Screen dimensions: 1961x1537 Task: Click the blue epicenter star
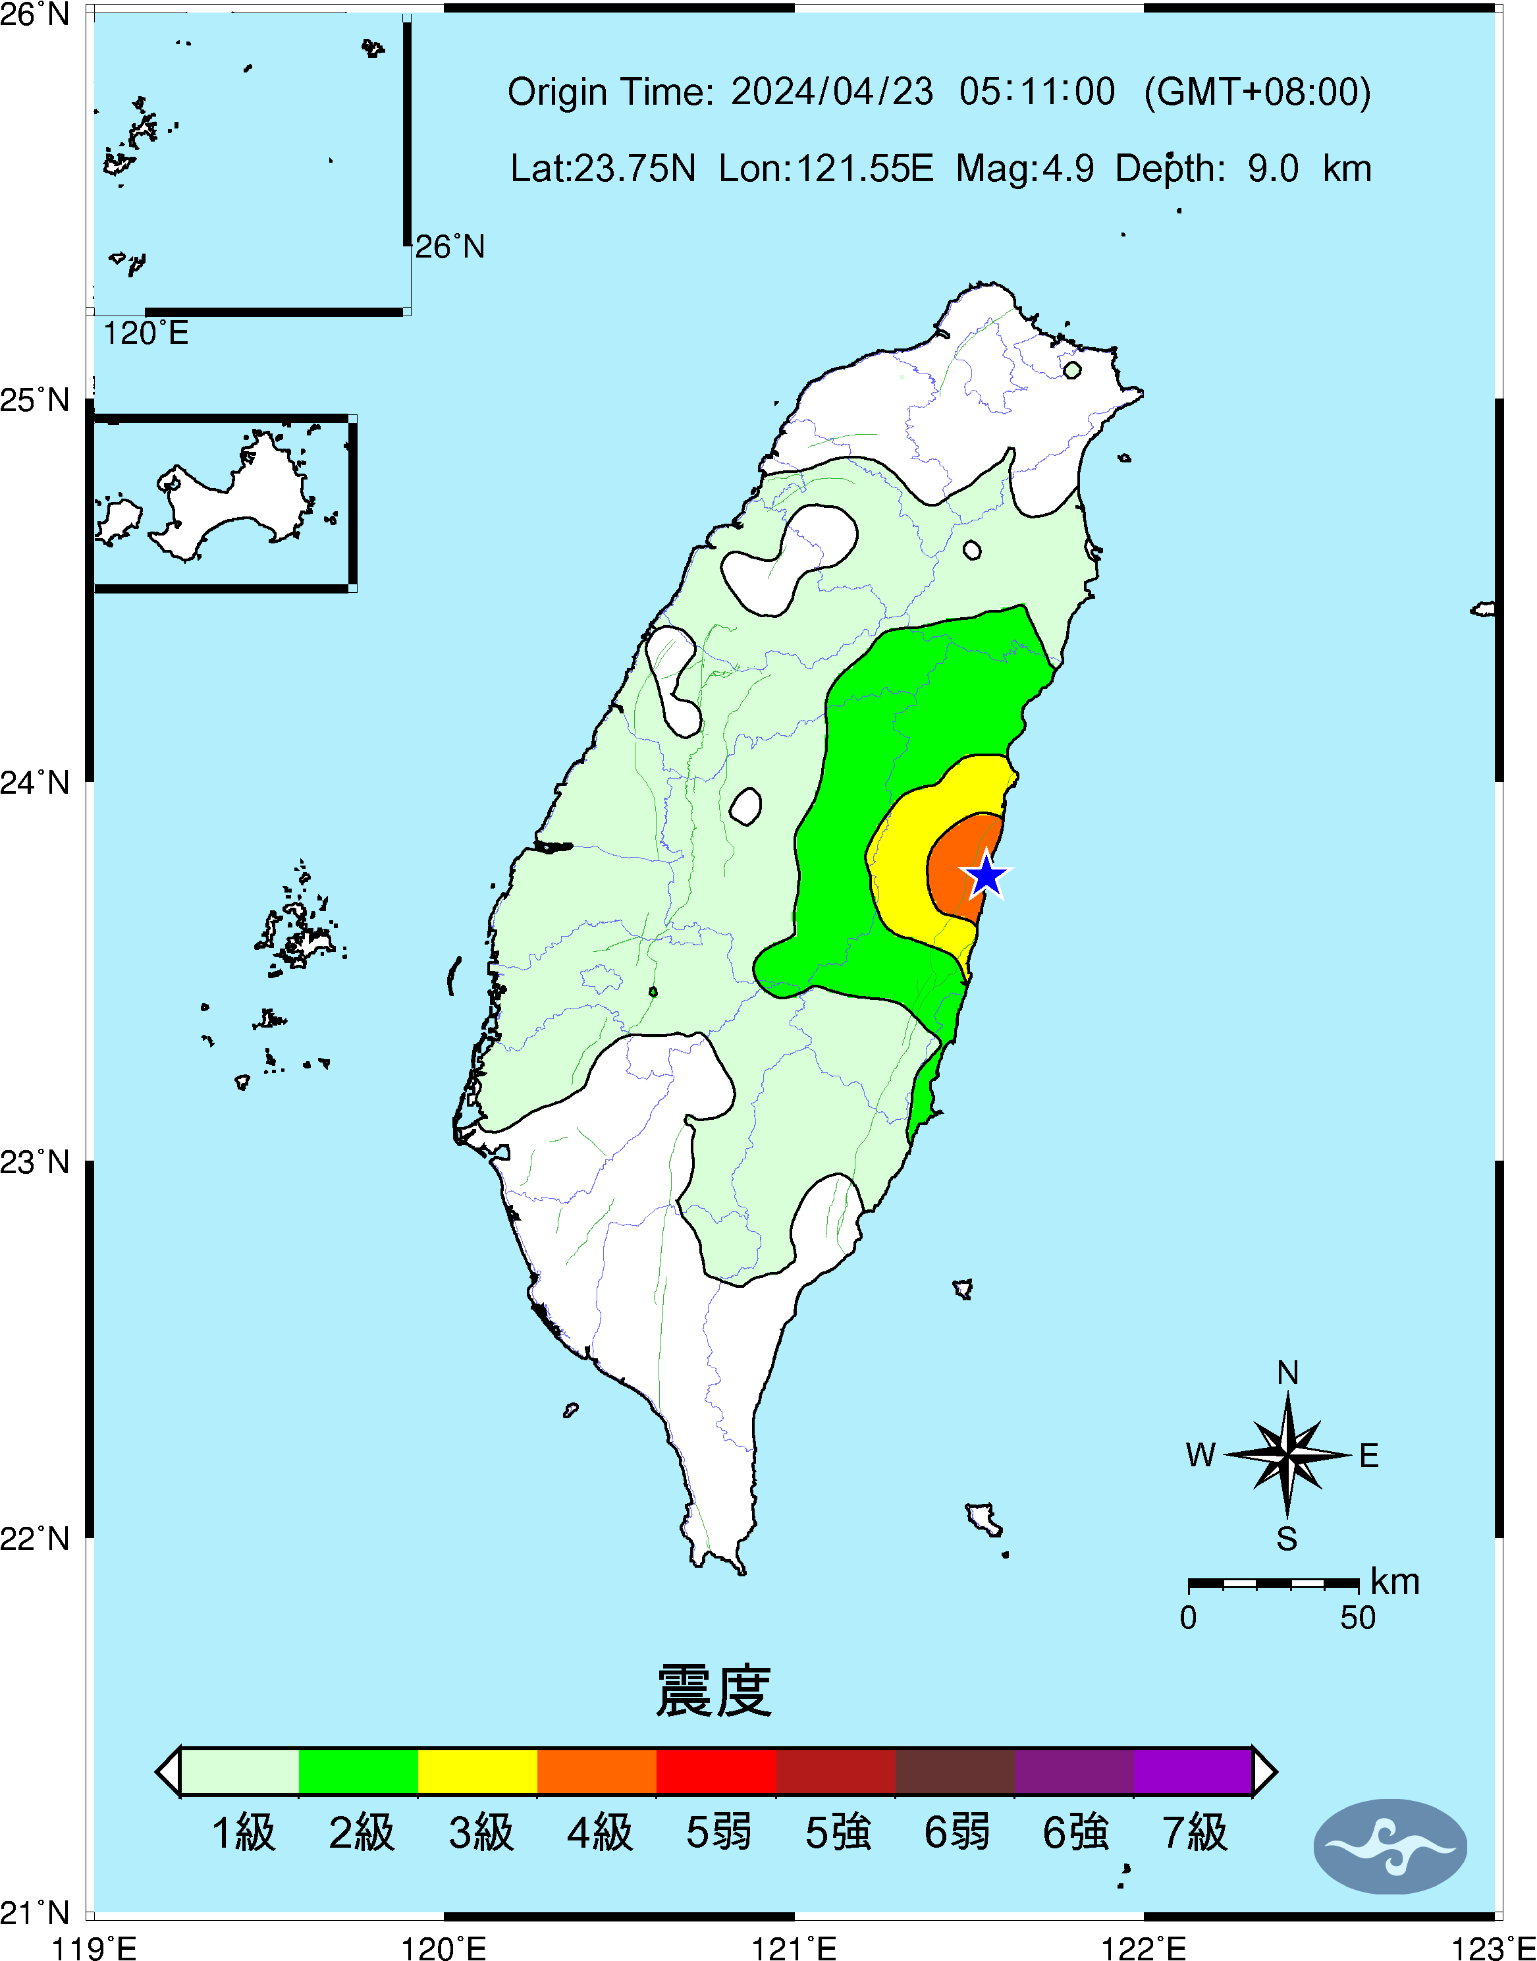986,874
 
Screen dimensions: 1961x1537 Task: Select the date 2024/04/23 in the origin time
832,92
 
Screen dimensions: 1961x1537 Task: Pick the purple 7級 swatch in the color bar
1193,1771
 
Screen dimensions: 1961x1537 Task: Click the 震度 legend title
714,1691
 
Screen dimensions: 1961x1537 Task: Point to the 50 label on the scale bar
1357,1618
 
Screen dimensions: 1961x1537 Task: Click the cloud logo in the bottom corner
1389,1846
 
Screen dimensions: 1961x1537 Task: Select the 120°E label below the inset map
146,334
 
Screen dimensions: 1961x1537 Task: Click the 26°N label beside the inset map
449,246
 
